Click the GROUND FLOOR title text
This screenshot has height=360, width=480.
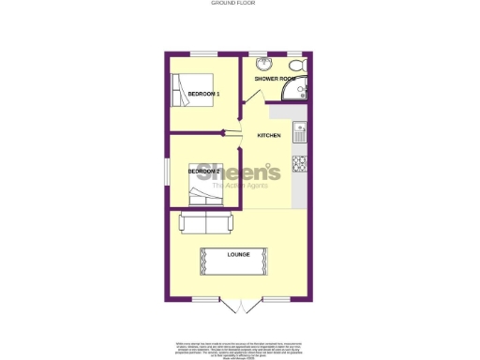click(240, 4)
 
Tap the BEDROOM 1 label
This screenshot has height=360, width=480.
click(203, 95)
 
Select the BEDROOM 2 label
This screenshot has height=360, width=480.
click(203, 172)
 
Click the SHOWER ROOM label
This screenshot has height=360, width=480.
click(275, 79)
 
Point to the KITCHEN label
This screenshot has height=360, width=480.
click(269, 136)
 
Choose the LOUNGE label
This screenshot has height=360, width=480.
click(238, 254)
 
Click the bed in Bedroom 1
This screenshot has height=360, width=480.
click(191, 93)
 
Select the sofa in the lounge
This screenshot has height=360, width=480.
click(206, 223)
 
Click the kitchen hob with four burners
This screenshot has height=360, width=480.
click(300, 163)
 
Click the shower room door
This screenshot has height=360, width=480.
click(250, 99)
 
